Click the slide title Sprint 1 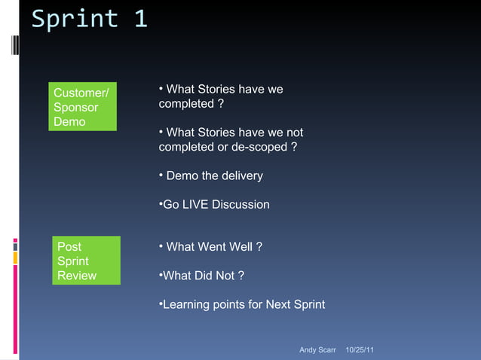[x=89, y=20]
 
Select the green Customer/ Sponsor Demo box [x=83, y=107]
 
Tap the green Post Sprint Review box [x=88, y=261]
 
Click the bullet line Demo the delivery [x=211, y=175]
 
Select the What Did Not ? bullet [x=201, y=275]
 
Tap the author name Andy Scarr [x=317, y=350]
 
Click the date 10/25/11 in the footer [x=360, y=350]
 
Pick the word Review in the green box [x=77, y=275]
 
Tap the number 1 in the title [x=140, y=20]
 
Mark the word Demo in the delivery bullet [x=182, y=175]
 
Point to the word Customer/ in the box [x=81, y=93]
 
